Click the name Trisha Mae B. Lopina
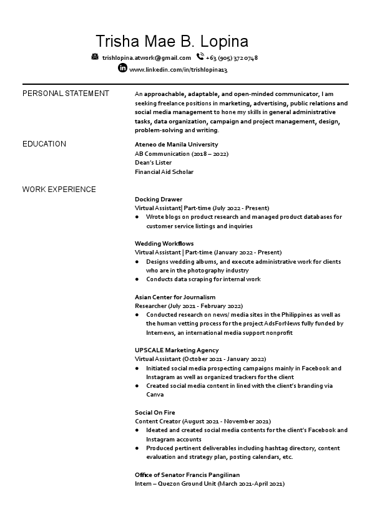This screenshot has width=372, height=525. click(172, 41)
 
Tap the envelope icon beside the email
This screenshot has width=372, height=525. click(95, 57)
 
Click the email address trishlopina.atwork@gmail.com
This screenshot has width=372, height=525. click(147, 58)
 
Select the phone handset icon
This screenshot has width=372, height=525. click(200, 57)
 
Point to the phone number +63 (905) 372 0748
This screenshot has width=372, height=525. click(232, 58)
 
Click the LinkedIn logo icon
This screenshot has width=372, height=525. click(122, 68)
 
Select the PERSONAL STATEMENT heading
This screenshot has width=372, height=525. click(66, 94)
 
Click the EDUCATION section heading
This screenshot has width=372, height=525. click(44, 144)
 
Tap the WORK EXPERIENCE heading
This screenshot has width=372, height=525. click(59, 189)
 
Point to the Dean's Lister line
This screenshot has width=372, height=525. click(153, 163)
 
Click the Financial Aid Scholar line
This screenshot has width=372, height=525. click(164, 171)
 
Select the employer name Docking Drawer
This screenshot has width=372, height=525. click(159, 199)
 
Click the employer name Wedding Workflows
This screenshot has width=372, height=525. click(164, 243)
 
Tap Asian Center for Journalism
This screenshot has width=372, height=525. click(175, 297)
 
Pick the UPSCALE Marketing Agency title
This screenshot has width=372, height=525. click(177, 350)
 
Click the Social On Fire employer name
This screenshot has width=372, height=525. click(155, 413)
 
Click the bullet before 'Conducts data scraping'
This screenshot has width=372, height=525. click(137, 279)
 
